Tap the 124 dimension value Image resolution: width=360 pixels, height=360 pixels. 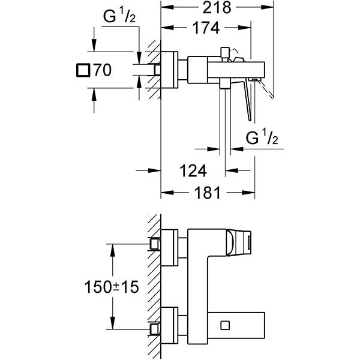pos(193,171)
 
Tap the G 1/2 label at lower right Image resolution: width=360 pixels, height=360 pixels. pos(263,139)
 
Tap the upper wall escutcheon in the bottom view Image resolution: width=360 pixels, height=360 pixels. pos(171,247)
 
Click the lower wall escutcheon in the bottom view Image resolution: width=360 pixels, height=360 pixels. pos(171,325)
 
